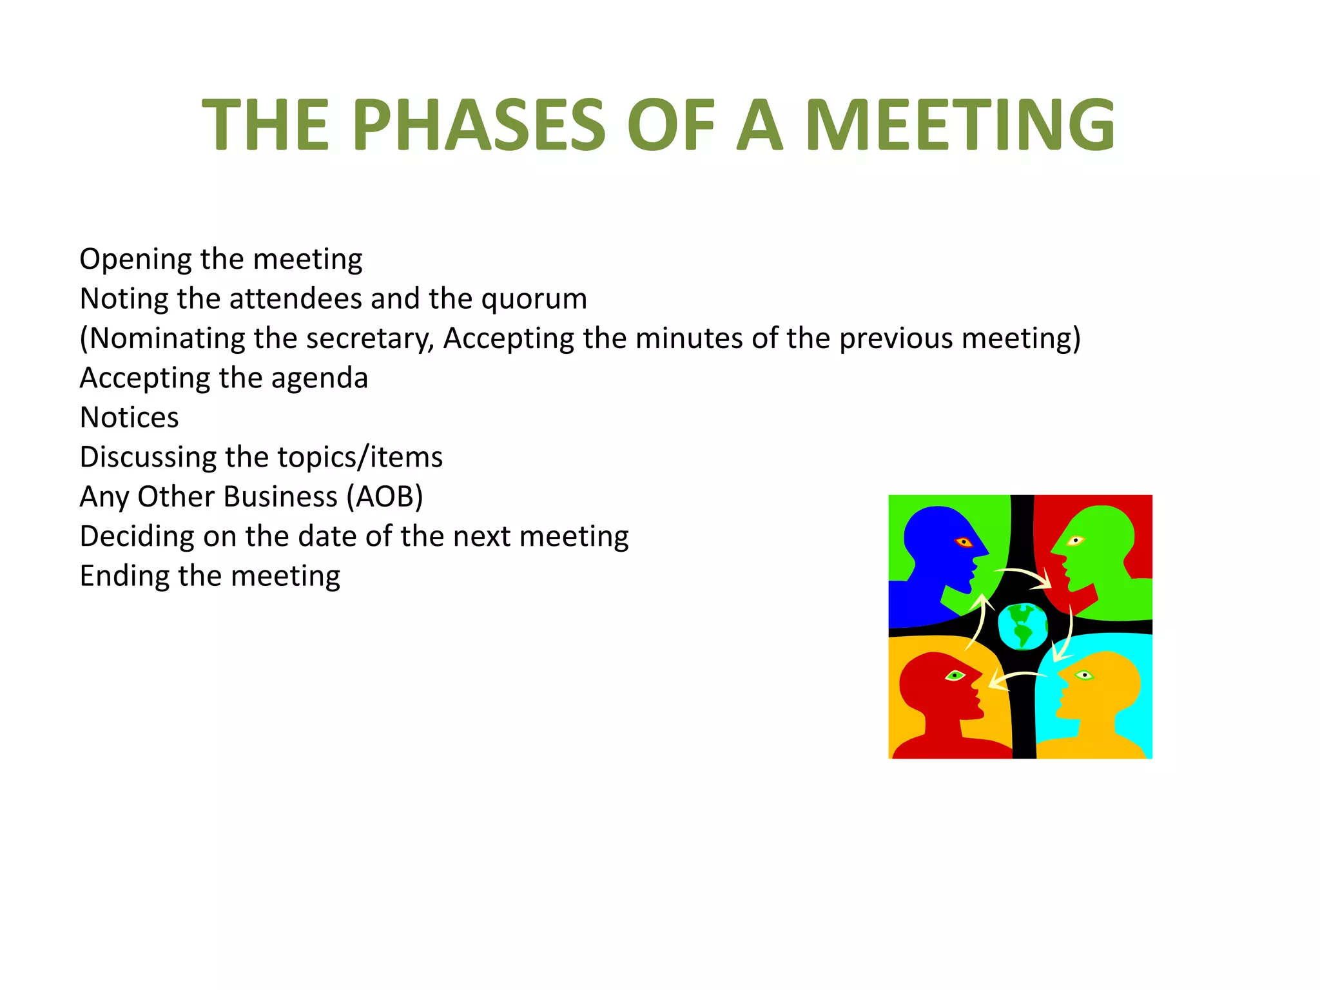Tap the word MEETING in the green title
coord(960,125)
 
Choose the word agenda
coord(319,378)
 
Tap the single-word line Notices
coord(129,418)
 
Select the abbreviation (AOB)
coord(384,497)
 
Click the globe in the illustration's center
coord(1022,626)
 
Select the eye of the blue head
coord(964,541)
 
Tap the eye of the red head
coord(955,675)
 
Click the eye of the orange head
coord(1085,675)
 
